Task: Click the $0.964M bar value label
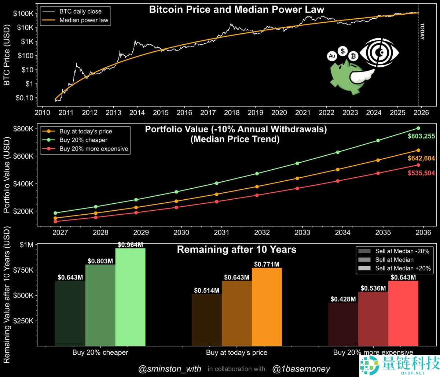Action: coord(130,245)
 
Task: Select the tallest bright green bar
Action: coord(130,297)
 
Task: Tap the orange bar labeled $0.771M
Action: coord(267,306)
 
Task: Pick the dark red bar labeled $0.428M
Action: coord(343,324)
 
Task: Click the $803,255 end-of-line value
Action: coord(421,136)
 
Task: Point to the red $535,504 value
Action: coord(421,173)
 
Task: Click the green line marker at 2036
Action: coord(418,128)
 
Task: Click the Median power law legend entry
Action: coord(84,20)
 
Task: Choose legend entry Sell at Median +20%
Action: coord(402,268)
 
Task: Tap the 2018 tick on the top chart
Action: coord(232,112)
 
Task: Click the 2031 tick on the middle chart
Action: coord(222,232)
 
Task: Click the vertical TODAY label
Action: coord(422,32)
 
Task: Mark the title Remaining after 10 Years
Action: coord(236,250)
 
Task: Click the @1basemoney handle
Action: coord(301,369)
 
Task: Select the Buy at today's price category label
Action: coord(236,353)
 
